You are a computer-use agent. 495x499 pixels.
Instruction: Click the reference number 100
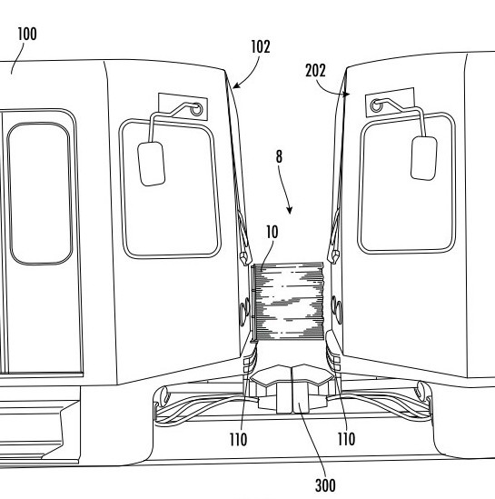(27, 34)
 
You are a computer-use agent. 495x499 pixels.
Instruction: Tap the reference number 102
(261, 46)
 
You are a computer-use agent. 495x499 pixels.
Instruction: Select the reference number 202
(315, 71)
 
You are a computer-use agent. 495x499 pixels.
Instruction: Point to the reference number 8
(279, 156)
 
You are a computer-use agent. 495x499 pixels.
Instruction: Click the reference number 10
(272, 233)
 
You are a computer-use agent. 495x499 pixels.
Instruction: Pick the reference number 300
(325, 485)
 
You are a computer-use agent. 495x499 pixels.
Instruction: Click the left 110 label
(239, 440)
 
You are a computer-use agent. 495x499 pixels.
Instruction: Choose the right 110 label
(346, 439)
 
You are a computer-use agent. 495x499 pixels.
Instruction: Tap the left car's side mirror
(152, 164)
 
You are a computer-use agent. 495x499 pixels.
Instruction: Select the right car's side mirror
(424, 158)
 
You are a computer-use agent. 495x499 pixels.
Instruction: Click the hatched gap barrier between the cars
(288, 302)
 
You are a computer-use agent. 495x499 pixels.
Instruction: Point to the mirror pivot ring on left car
(196, 109)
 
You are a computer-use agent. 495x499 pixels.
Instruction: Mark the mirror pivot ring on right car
(377, 105)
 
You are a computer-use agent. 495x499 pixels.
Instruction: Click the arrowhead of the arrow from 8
(290, 211)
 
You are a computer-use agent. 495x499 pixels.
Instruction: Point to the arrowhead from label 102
(235, 85)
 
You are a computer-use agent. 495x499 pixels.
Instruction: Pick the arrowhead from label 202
(347, 95)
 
